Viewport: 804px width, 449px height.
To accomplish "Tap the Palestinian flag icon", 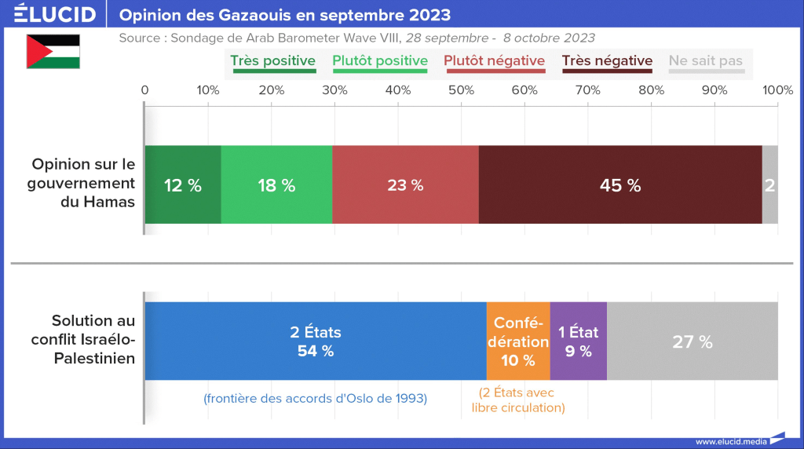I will tap(53, 52).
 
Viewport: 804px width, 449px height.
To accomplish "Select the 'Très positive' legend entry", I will tap(272, 61).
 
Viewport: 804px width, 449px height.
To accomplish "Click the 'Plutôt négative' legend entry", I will tap(495, 61).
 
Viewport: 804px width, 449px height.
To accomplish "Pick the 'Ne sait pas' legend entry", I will tap(705, 61).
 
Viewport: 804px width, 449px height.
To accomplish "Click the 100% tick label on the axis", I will tap(777, 90).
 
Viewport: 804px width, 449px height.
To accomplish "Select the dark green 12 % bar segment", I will tap(182, 185).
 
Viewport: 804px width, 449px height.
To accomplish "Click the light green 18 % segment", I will tap(276, 185).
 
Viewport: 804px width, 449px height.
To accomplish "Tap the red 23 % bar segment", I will tap(405, 185).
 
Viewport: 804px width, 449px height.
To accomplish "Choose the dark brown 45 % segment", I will tap(620, 185).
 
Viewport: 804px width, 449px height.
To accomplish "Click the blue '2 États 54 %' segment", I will tap(316, 341).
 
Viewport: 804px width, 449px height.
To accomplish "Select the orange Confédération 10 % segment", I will tap(518, 341).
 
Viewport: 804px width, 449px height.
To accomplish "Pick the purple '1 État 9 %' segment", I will tap(579, 341).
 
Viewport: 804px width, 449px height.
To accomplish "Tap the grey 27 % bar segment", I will tap(693, 341).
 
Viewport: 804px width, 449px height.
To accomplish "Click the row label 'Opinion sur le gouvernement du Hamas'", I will tap(83, 183).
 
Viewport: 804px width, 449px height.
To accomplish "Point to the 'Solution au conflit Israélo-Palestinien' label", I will tap(83, 339).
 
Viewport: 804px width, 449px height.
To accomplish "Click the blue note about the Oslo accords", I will tap(315, 399).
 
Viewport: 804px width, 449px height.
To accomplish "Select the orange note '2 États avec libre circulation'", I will tap(518, 400).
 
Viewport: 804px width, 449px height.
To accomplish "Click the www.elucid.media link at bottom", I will tap(731, 441).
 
